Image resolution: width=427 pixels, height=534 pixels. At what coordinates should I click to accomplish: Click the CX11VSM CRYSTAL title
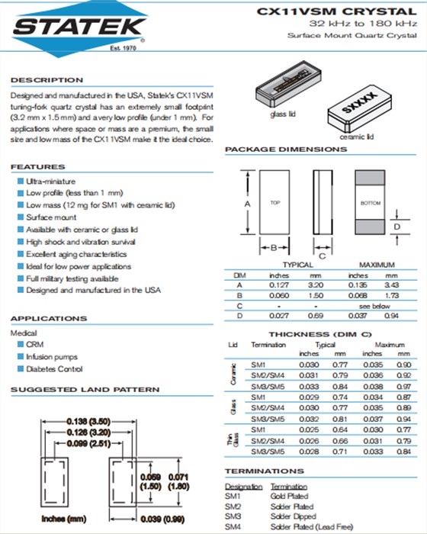point(337,11)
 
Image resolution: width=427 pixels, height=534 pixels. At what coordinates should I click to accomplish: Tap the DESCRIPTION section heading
point(47,80)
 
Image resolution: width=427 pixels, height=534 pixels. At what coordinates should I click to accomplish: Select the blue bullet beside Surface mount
point(21,217)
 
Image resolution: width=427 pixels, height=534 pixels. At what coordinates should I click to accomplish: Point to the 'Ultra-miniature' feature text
point(51,182)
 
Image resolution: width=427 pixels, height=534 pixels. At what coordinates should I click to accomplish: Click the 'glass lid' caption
point(283,114)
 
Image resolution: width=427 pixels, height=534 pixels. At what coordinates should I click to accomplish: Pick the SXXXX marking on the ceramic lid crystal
point(359,102)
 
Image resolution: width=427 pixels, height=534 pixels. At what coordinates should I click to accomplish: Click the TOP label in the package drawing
point(275,203)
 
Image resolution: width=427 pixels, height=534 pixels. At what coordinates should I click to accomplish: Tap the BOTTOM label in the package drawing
point(371,203)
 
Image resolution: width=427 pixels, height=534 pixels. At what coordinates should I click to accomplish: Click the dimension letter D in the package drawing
point(397,227)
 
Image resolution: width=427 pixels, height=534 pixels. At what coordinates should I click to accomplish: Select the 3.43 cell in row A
point(392,285)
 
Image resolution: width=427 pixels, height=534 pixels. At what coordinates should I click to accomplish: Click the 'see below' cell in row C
point(374,306)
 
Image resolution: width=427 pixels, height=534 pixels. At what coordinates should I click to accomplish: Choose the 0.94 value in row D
point(391,316)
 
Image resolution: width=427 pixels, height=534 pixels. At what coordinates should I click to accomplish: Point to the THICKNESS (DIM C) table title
point(320,334)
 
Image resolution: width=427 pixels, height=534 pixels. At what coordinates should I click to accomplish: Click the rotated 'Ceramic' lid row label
point(233,375)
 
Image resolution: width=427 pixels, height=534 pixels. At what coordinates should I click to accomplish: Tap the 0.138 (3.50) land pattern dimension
point(88,422)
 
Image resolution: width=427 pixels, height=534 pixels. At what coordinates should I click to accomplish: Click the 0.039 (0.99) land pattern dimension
point(162,519)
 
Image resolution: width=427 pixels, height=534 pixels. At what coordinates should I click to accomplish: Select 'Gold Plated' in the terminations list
point(289,496)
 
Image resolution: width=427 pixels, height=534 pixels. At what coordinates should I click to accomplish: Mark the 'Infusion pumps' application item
point(52,356)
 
